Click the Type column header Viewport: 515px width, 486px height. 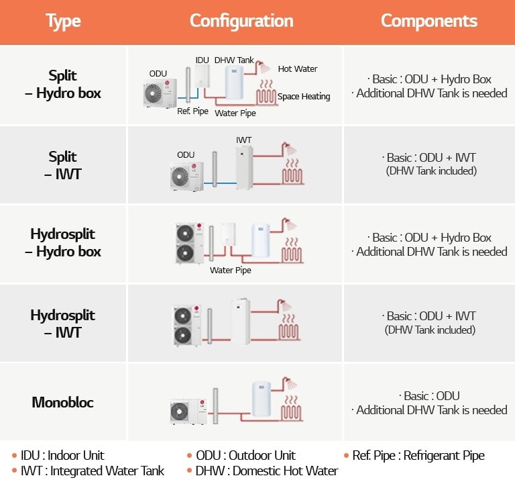[x=63, y=21]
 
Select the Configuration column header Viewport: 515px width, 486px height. [x=241, y=21]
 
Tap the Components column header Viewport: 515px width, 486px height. [x=428, y=21]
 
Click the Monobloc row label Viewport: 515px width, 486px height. [x=63, y=403]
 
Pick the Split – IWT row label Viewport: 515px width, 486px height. [x=63, y=165]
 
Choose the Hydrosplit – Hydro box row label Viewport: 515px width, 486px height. [x=63, y=243]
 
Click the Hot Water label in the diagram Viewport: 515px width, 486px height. [x=297, y=69]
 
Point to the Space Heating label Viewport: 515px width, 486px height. [x=304, y=97]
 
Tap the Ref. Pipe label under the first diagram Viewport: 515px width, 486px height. [x=192, y=111]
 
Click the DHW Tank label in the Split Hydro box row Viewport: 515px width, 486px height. [x=234, y=60]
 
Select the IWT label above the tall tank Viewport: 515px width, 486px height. [x=243, y=140]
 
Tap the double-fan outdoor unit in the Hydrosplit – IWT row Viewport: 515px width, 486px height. [x=187, y=326]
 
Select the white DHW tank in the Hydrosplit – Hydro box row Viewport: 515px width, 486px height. [x=261, y=242]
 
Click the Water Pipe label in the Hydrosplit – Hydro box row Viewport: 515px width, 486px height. [x=231, y=271]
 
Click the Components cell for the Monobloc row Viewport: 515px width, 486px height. [x=428, y=403]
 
